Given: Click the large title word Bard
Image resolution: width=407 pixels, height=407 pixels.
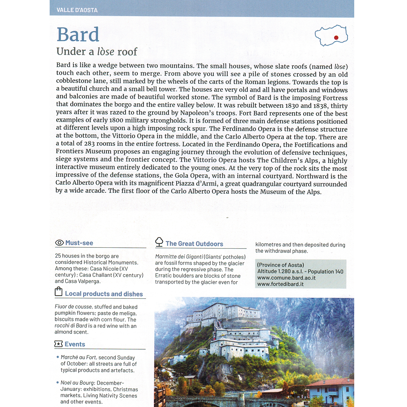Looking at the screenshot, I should pyautogui.click(x=78, y=35).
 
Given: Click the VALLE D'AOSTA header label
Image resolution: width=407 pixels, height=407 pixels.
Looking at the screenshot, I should pyautogui.click(x=77, y=10).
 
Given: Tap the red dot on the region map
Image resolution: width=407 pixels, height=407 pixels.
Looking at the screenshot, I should pyautogui.click(x=335, y=38).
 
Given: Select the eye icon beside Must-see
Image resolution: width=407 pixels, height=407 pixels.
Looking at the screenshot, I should pyautogui.click(x=59, y=243).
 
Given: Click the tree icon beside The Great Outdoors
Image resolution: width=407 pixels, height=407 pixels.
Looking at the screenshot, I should pyautogui.click(x=159, y=242).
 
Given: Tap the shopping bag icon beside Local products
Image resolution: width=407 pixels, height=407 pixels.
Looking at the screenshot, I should pyautogui.click(x=58, y=293).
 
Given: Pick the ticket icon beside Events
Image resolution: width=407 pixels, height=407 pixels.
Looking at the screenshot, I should pyautogui.click(x=58, y=344).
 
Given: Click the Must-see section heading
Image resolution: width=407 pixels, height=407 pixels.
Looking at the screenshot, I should pyautogui.click(x=79, y=243).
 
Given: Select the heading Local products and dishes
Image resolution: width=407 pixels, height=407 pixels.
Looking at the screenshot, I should pyautogui.click(x=104, y=294).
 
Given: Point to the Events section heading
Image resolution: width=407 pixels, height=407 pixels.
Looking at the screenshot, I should pyautogui.click(x=75, y=344).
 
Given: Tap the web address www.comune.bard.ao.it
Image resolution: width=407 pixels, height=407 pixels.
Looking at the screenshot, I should pyautogui.click(x=287, y=278).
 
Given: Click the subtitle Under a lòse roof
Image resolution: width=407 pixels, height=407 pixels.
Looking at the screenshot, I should pyautogui.click(x=97, y=51).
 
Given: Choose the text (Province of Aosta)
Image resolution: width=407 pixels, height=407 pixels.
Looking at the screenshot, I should pyautogui.click(x=280, y=265).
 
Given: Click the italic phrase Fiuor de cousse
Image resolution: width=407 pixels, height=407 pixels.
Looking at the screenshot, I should pyautogui.click(x=73, y=307).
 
